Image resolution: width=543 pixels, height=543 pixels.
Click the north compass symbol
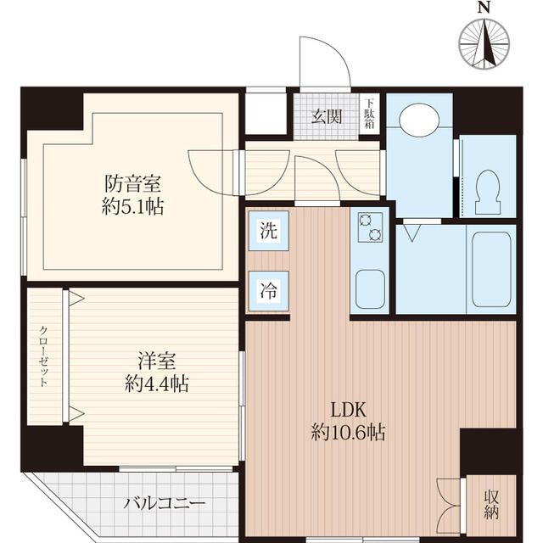(484, 42)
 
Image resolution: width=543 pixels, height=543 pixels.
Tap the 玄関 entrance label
(325, 117)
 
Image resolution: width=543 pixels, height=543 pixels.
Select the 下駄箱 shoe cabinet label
(369, 115)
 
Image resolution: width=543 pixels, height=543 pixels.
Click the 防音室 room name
(133, 183)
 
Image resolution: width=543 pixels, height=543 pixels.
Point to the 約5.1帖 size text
(133, 205)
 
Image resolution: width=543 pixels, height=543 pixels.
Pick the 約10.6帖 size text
(348, 434)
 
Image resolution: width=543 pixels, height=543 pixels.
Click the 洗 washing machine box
(267, 229)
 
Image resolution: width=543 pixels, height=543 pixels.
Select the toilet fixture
(488, 192)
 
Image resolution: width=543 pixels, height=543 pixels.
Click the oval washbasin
(418, 120)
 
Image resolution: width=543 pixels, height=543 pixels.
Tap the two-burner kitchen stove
(370, 227)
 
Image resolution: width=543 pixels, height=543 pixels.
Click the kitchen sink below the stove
(370, 288)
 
